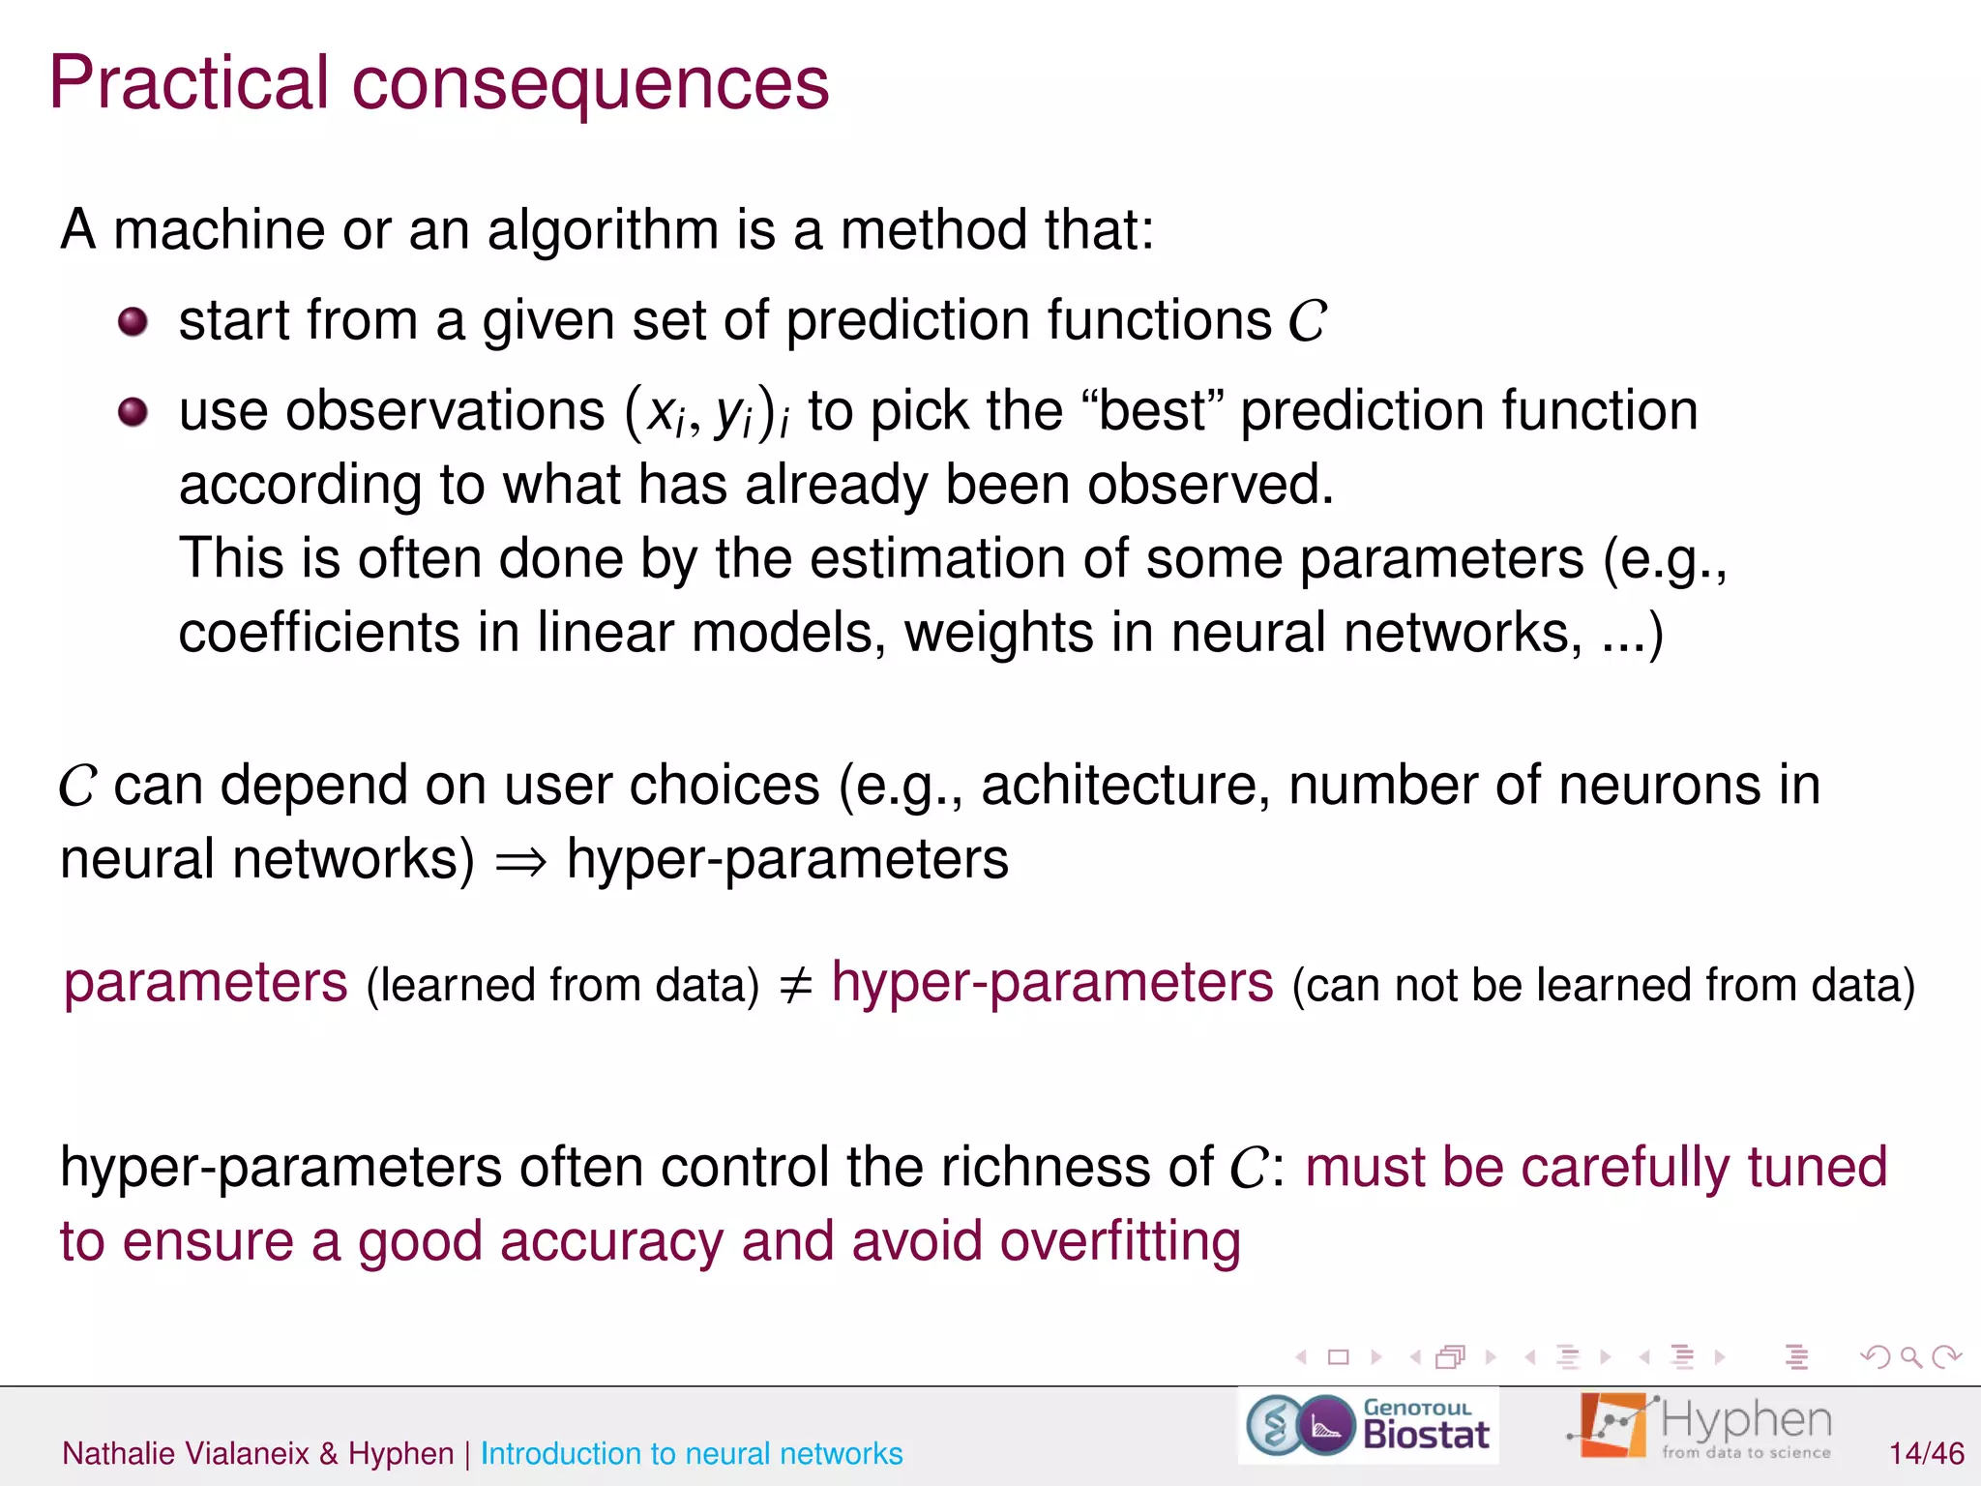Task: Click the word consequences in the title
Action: coord(590,83)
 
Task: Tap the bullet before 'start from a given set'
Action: coord(133,321)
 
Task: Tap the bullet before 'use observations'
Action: coord(133,412)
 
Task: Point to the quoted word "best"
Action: coord(1154,410)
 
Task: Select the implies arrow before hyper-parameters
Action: coord(521,860)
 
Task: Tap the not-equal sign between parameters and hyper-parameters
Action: coord(795,985)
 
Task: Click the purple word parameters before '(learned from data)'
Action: coord(206,983)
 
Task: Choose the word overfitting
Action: coord(1119,1241)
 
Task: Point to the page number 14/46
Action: coord(1926,1453)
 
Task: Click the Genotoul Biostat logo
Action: coord(1368,1425)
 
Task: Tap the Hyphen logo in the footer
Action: coord(1700,1425)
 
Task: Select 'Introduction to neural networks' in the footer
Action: coord(691,1453)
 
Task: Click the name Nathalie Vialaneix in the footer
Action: coord(186,1453)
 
